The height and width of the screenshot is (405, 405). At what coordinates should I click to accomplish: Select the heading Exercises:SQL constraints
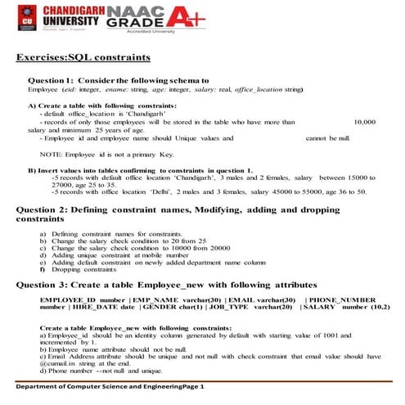tap(83, 58)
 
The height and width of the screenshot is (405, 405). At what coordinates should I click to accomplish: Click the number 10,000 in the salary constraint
tap(362, 121)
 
